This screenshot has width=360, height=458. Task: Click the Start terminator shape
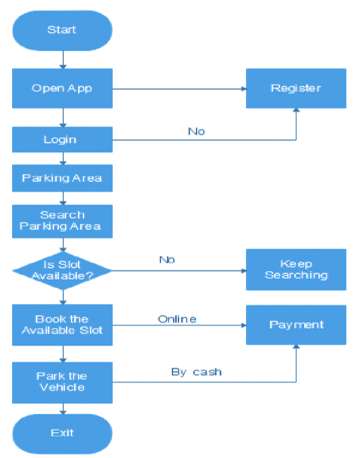[62, 31]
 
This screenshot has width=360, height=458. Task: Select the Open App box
[62, 88]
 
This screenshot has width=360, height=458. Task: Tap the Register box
[296, 88]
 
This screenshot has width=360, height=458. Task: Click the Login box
[62, 139]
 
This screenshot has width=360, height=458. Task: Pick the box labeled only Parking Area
[62, 178]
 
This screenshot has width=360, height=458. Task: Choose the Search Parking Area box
[62, 221]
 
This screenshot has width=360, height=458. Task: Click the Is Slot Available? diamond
[62, 270]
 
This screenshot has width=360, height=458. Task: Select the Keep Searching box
[296, 269]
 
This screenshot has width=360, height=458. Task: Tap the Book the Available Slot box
[62, 325]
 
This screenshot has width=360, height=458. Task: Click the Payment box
[296, 325]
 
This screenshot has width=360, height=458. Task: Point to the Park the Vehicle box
[62, 382]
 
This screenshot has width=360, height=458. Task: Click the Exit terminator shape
[62, 433]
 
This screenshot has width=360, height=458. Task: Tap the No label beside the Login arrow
[196, 132]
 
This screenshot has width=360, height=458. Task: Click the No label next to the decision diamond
[167, 260]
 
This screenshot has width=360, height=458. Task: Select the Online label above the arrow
[177, 319]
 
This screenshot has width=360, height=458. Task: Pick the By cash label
[196, 372]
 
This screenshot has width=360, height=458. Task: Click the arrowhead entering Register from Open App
[244, 88]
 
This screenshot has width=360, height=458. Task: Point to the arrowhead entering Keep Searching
[244, 271]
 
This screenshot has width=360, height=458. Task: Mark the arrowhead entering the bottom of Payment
[296, 347]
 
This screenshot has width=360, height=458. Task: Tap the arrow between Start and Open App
[63, 60]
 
